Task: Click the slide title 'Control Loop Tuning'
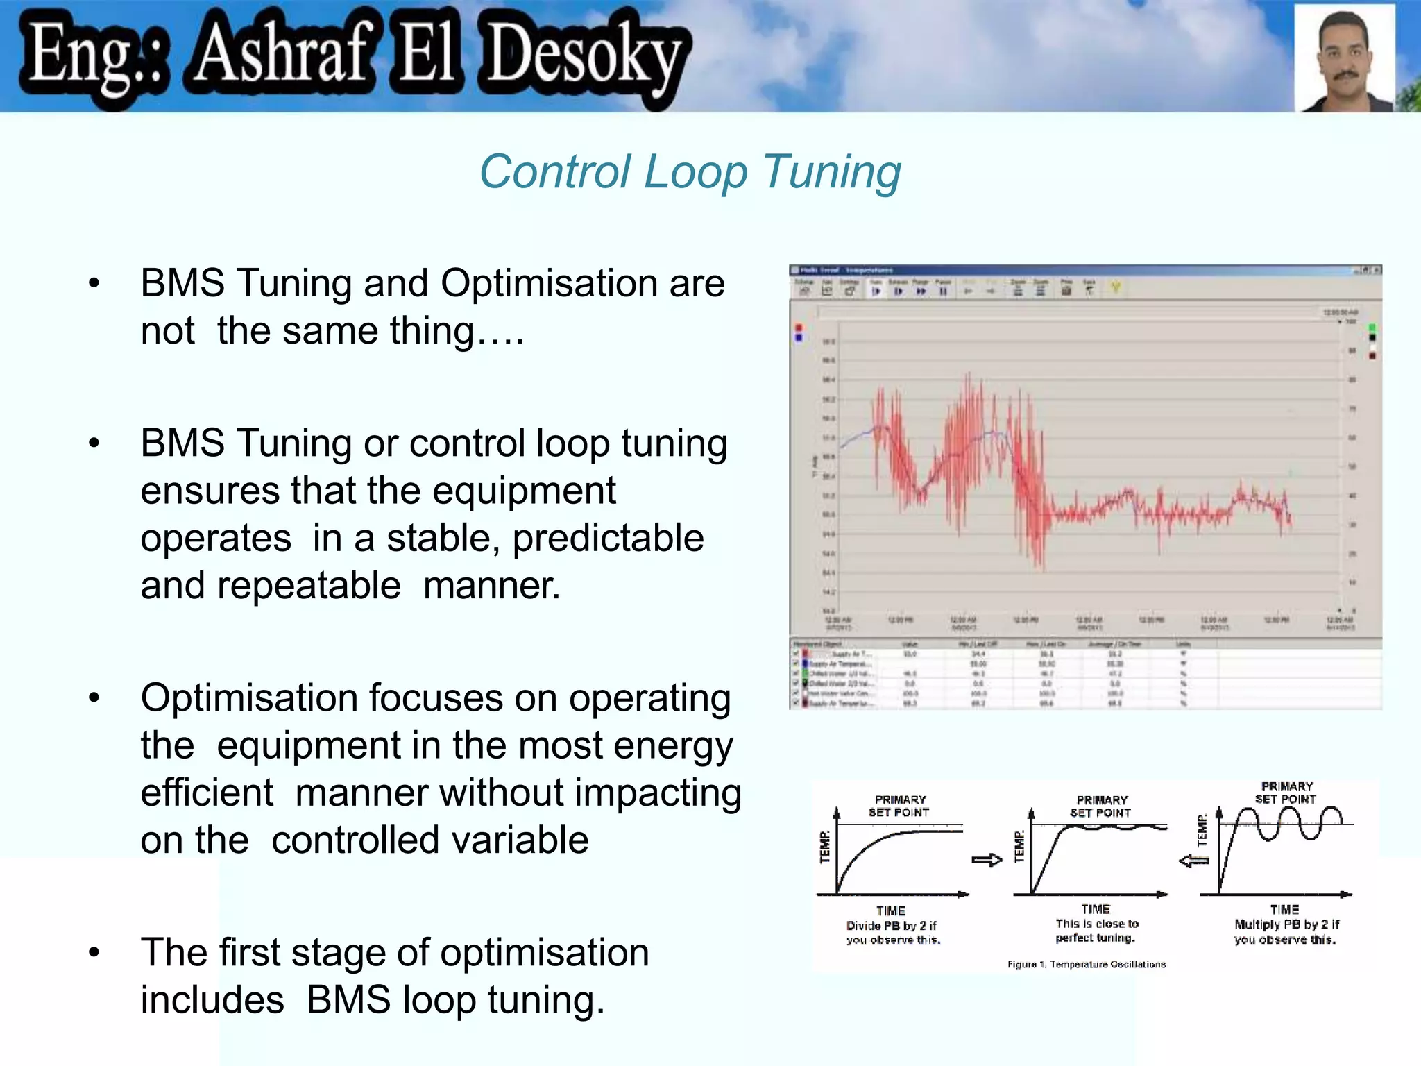click(x=690, y=171)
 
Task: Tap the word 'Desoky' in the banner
click(x=586, y=56)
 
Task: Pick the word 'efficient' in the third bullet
click(x=207, y=793)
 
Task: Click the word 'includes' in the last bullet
click(x=212, y=999)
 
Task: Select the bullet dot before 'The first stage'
click(x=94, y=952)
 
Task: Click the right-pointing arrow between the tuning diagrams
click(x=987, y=860)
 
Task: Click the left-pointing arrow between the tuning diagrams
click(x=1194, y=861)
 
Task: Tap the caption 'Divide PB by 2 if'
click(x=891, y=926)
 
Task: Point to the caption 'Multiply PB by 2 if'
click(x=1286, y=924)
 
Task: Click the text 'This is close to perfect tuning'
click(x=1096, y=931)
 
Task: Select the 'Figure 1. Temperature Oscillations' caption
click(x=1087, y=964)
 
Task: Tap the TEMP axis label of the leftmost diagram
click(x=824, y=847)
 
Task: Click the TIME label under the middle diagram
click(x=1096, y=908)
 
